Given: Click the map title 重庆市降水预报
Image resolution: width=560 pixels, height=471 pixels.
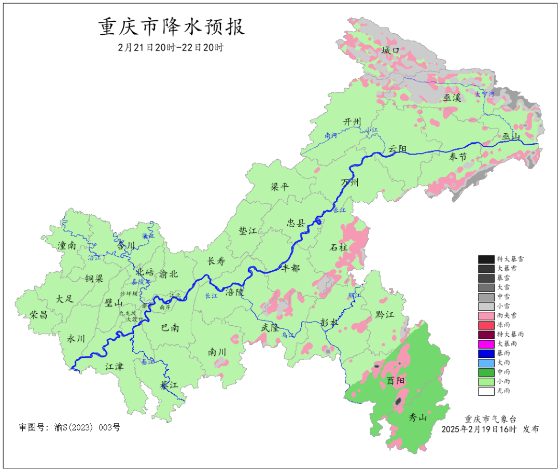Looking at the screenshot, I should point(172,27).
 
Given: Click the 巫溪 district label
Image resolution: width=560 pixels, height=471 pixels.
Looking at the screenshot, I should point(452,98).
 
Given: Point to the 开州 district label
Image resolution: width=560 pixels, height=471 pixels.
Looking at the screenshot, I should point(352,122).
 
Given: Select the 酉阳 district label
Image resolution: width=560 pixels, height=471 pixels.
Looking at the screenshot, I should point(396,381).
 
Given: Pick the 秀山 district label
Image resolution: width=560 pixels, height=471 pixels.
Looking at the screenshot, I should point(418,417).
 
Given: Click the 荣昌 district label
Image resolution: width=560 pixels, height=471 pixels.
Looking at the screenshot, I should point(38,315).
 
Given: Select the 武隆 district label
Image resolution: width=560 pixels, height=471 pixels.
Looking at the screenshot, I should point(270,328).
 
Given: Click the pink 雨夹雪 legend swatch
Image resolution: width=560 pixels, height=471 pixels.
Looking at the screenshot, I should point(486,315).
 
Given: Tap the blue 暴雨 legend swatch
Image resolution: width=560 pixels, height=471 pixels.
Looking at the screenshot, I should point(486,353).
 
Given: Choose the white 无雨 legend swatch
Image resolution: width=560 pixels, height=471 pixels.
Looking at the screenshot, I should point(486,391).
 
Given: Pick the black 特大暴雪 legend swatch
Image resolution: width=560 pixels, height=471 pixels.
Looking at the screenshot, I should point(486,259).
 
